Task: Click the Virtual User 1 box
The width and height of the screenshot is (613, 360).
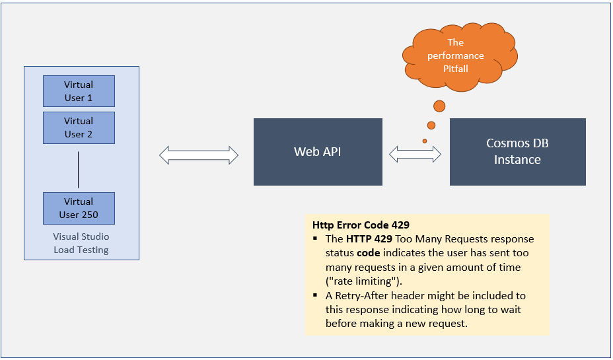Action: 79,91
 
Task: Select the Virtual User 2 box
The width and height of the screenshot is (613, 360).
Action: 79,127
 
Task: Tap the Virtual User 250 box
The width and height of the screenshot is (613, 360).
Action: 79,208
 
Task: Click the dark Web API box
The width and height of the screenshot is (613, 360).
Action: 318,152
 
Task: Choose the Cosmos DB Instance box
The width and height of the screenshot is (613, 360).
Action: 517,152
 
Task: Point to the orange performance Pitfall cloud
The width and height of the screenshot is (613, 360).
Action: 456,55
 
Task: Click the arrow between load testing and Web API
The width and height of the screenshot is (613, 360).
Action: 199,155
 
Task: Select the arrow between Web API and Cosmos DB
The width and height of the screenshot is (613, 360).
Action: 415,155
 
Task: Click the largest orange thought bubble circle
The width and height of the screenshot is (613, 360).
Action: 439,106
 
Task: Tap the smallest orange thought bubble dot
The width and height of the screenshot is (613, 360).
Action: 425,141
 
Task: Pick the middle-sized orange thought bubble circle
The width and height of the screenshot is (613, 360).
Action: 431,125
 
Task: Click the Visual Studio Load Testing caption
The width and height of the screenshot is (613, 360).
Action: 81,243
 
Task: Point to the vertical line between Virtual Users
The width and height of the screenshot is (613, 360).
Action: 79,170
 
